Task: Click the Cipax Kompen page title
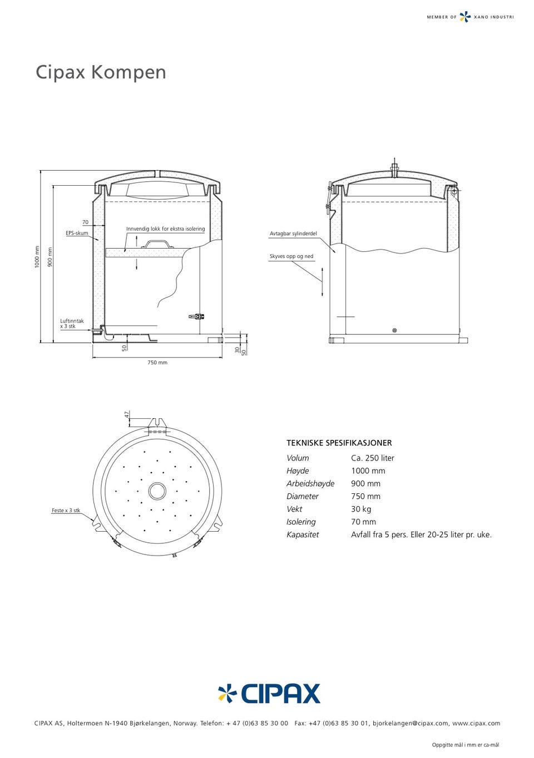coord(101,72)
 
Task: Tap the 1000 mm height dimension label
coord(37,257)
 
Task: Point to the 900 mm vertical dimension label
coord(50,257)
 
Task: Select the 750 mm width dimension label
coord(157,363)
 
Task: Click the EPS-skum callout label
coord(77,233)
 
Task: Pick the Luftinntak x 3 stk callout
coord(72,324)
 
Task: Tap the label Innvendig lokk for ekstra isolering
coord(165,229)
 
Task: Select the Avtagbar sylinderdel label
coord(293,234)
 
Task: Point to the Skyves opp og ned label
coord(291,256)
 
